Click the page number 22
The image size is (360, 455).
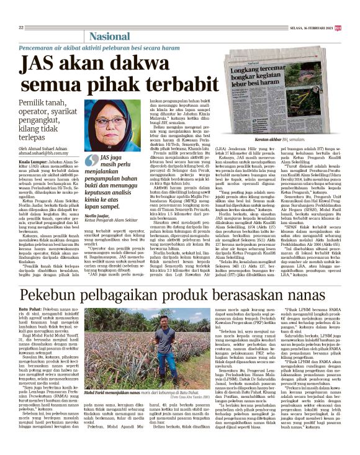(x=21, y=28)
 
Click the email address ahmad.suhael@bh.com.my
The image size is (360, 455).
(x=45, y=153)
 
